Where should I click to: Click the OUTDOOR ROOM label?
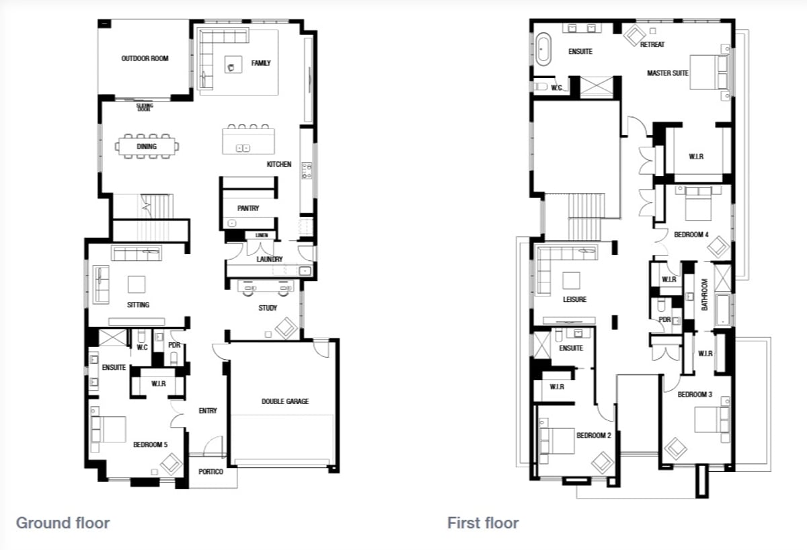(145, 58)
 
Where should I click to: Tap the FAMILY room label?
(261, 63)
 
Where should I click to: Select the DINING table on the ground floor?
(147, 146)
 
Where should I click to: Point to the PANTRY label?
(248, 208)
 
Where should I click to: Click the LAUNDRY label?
(270, 259)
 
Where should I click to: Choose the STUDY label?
(268, 308)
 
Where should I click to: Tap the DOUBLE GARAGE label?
(285, 401)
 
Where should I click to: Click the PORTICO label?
(210, 471)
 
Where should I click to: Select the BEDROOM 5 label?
(150, 444)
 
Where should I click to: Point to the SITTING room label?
(138, 305)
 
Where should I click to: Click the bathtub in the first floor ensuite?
(543, 49)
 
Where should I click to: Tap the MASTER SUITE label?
(668, 73)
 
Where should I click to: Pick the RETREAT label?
(652, 44)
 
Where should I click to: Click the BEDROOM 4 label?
(691, 235)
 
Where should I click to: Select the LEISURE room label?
(574, 299)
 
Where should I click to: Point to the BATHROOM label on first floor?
(705, 294)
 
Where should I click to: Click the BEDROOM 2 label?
(594, 436)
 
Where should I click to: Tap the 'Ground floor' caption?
(63, 523)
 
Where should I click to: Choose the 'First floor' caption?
(483, 523)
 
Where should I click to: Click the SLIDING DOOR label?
(145, 107)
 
